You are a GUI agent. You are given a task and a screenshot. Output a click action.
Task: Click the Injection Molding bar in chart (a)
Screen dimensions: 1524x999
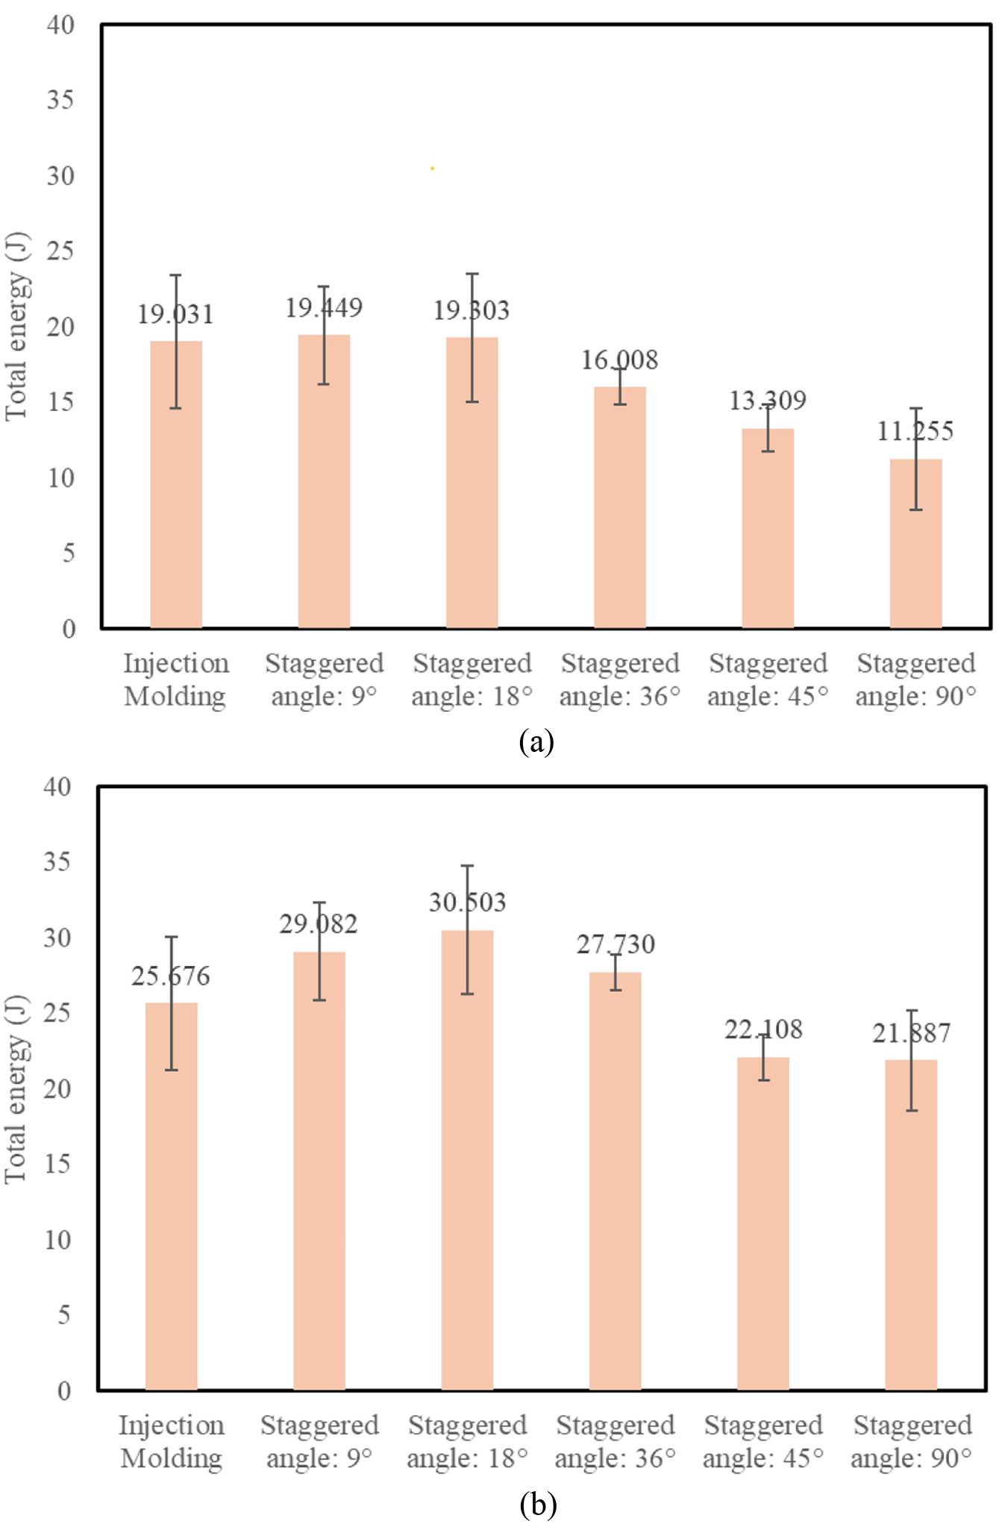point(176,485)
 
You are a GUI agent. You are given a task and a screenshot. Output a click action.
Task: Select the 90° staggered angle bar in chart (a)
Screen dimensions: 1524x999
point(915,545)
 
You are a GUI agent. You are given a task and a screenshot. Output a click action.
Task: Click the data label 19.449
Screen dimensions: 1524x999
point(324,308)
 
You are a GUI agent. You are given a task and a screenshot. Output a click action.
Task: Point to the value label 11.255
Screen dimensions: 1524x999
point(915,431)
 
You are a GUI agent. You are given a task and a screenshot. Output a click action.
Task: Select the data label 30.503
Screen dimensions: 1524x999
point(467,903)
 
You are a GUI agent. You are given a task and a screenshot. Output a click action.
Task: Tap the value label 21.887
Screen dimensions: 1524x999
point(911,1033)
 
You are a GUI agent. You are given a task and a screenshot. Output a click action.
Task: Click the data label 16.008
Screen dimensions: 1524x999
point(619,361)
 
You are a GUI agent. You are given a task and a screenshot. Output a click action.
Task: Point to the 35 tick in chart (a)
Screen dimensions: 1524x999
point(60,100)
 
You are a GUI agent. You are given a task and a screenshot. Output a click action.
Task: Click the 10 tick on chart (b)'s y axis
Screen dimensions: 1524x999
point(57,1241)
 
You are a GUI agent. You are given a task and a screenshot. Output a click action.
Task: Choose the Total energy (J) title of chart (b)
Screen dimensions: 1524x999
point(16,1088)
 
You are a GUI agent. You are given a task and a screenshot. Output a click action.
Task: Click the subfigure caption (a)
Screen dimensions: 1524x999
point(536,742)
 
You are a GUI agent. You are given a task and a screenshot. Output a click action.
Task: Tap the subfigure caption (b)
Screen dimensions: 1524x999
point(537,1505)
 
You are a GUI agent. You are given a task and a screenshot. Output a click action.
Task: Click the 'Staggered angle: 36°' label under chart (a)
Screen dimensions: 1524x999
point(620,680)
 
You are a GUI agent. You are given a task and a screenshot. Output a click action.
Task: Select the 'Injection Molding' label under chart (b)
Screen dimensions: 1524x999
point(172,1441)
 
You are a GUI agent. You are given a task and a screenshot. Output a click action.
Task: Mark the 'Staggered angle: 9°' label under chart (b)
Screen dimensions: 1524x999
point(319,1441)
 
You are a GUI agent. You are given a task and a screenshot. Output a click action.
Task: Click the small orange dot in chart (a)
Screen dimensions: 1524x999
point(433,169)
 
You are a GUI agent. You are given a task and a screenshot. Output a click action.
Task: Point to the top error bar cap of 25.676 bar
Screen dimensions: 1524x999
point(172,937)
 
